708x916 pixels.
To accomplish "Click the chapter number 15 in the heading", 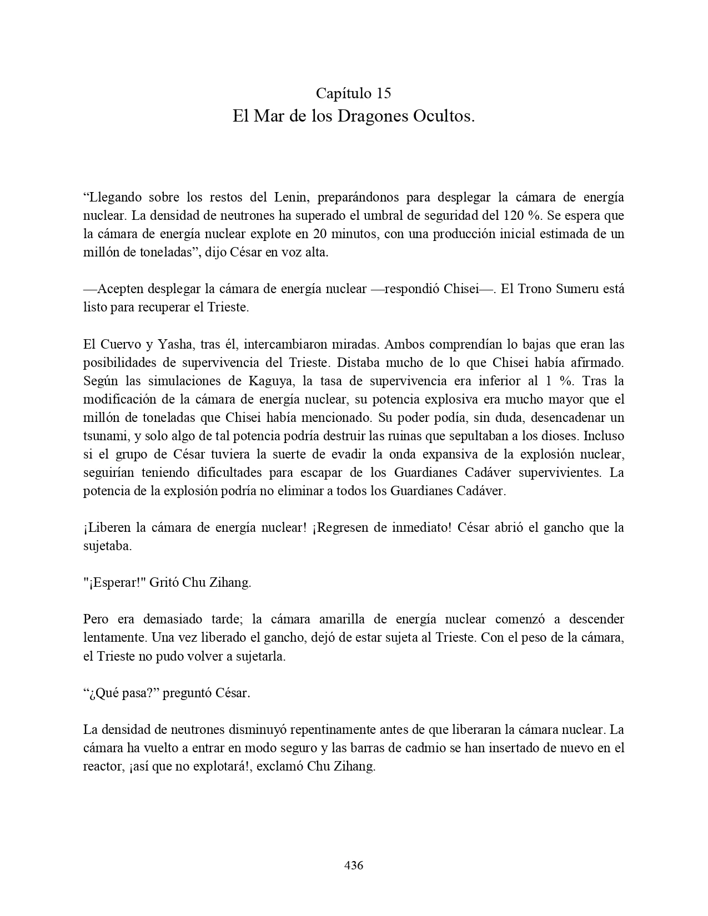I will [383, 93].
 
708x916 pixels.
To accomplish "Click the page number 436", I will [354, 865].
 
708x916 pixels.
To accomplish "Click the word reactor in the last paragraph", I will [101, 766].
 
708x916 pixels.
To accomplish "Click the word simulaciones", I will [181, 380].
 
